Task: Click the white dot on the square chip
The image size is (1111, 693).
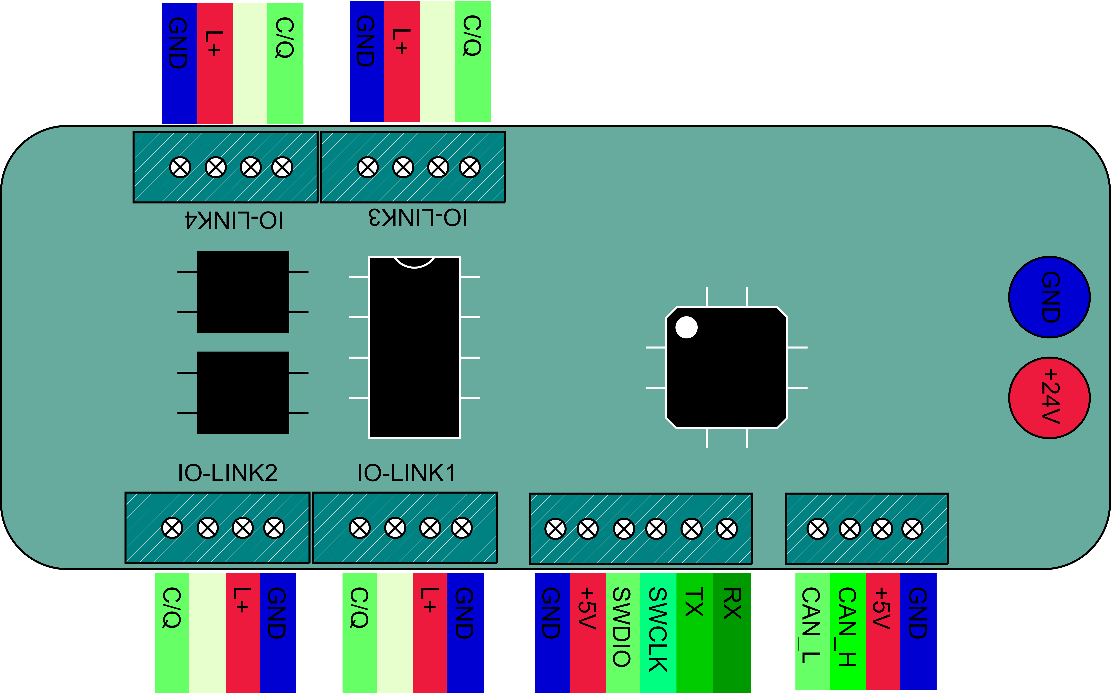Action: pos(686,327)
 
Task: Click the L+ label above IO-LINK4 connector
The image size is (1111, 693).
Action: pos(214,44)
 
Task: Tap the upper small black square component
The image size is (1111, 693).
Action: pos(243,292)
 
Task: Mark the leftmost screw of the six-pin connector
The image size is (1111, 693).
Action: pos(555,529)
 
